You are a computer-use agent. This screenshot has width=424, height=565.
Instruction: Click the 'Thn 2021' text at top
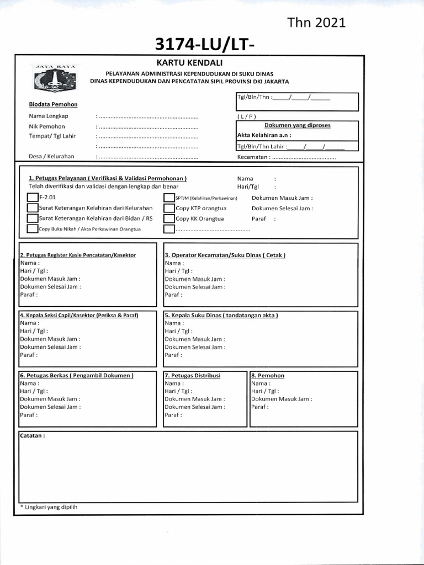point(316,22)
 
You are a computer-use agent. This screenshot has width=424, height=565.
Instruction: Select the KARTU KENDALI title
point(189,63)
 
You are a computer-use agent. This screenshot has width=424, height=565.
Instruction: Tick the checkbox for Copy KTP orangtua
point(169,209)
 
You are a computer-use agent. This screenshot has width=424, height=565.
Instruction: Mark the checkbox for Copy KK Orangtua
point(169,218)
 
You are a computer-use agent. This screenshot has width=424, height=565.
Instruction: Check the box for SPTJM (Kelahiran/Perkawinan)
point(169,198)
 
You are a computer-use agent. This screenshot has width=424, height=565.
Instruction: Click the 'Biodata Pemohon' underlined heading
point(53,104)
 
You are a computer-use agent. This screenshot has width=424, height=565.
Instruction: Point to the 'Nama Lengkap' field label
point(49,116)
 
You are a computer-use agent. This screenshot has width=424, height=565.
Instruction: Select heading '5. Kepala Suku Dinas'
point(221,315)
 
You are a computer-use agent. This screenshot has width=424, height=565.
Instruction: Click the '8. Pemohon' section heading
point(268,375)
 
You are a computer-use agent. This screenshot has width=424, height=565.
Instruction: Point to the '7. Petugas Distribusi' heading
point(192,375)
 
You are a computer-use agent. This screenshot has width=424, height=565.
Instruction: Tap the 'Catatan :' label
point(32,435)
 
